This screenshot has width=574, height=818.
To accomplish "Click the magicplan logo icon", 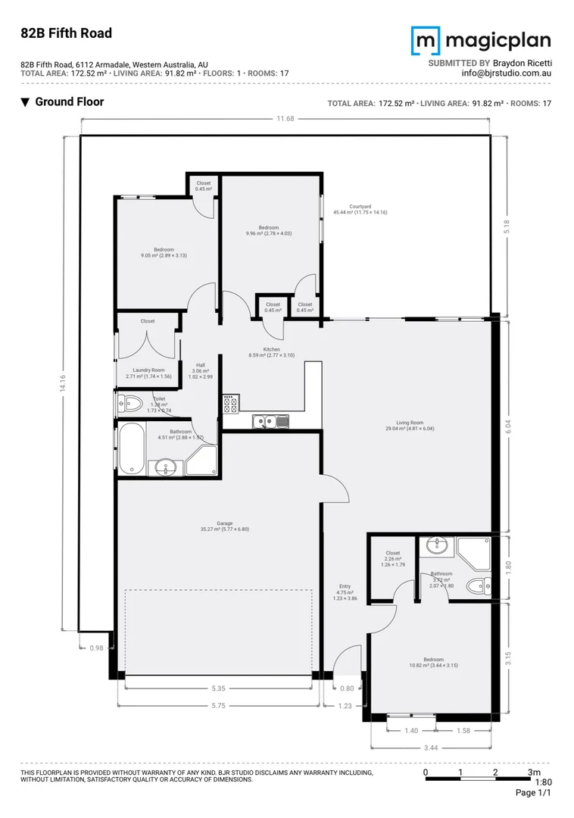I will click(x=425, y=40).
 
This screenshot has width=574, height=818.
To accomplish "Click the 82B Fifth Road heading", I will click(x=66, y=33).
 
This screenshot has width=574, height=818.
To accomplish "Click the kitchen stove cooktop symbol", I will click(x=231, y=404).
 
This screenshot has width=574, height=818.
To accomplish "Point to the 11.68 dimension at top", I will click(x=285, y=118).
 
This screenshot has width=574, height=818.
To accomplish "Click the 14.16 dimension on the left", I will click(x=63, y=383).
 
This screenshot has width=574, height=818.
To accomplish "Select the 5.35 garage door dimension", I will click(x=218, y=688).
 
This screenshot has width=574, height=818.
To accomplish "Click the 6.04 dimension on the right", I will click(x=509, y=426).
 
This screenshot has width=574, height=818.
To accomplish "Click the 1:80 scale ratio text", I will click(x=543, y=782).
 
